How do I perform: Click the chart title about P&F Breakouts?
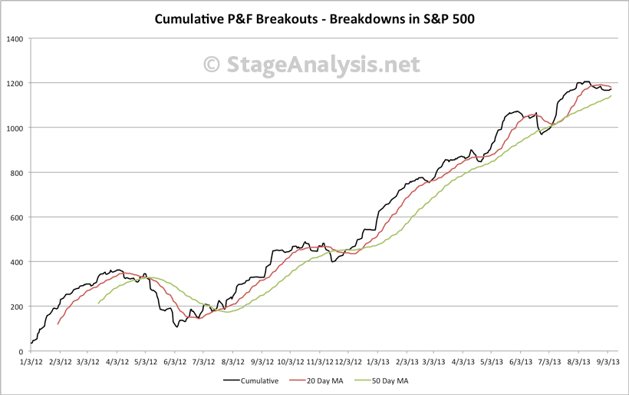pyautogui.click(x=314, y=18)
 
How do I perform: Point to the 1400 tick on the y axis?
pyautogui.click(x=14, y=38)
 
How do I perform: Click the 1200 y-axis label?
pyautogui.click(x=14, y=83)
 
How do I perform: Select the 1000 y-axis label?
pyautogui.click(x=14, y=128)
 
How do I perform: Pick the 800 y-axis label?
pyautogui.click(x=16, y=172)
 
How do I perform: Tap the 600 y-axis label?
pyautogui.click(x=16, y=217)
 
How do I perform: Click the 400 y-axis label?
pyautogui.click(x=16, y=262)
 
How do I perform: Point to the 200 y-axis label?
pyautogui.click(x=16, y=307)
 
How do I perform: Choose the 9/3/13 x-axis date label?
pyautogui.click(x=608, y=360)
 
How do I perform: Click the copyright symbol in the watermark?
pyautogui.click(x=212, y=65)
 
